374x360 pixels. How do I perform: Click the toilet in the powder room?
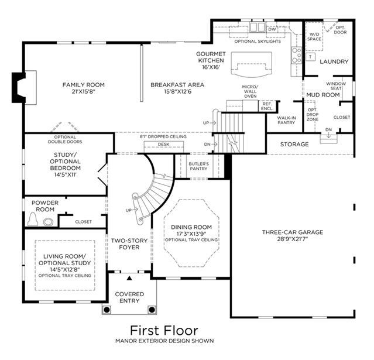(33, 219)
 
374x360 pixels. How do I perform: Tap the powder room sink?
(48, 222)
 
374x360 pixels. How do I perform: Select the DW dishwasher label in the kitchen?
(272, 29)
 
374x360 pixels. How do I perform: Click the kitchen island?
(252, 64)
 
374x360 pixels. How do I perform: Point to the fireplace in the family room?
(19, 88)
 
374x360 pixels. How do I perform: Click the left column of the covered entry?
(107, 310)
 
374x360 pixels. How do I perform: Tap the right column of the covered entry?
(152, 310)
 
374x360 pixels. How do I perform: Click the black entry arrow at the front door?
(129, 278)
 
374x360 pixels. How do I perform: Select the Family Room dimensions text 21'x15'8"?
(84, 91)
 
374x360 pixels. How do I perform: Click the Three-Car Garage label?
(293, 232)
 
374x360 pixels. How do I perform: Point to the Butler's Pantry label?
(198, 166)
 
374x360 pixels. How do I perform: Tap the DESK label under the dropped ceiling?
(164, 145)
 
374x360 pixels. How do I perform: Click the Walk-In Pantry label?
(286, 120)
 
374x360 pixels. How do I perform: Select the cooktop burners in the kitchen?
(297, 55)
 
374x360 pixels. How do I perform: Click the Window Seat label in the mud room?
(336, 86)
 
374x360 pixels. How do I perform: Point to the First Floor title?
(164, 331)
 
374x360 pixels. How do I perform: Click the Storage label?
(294, 145)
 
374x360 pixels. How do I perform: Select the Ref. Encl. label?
(267, 106)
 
